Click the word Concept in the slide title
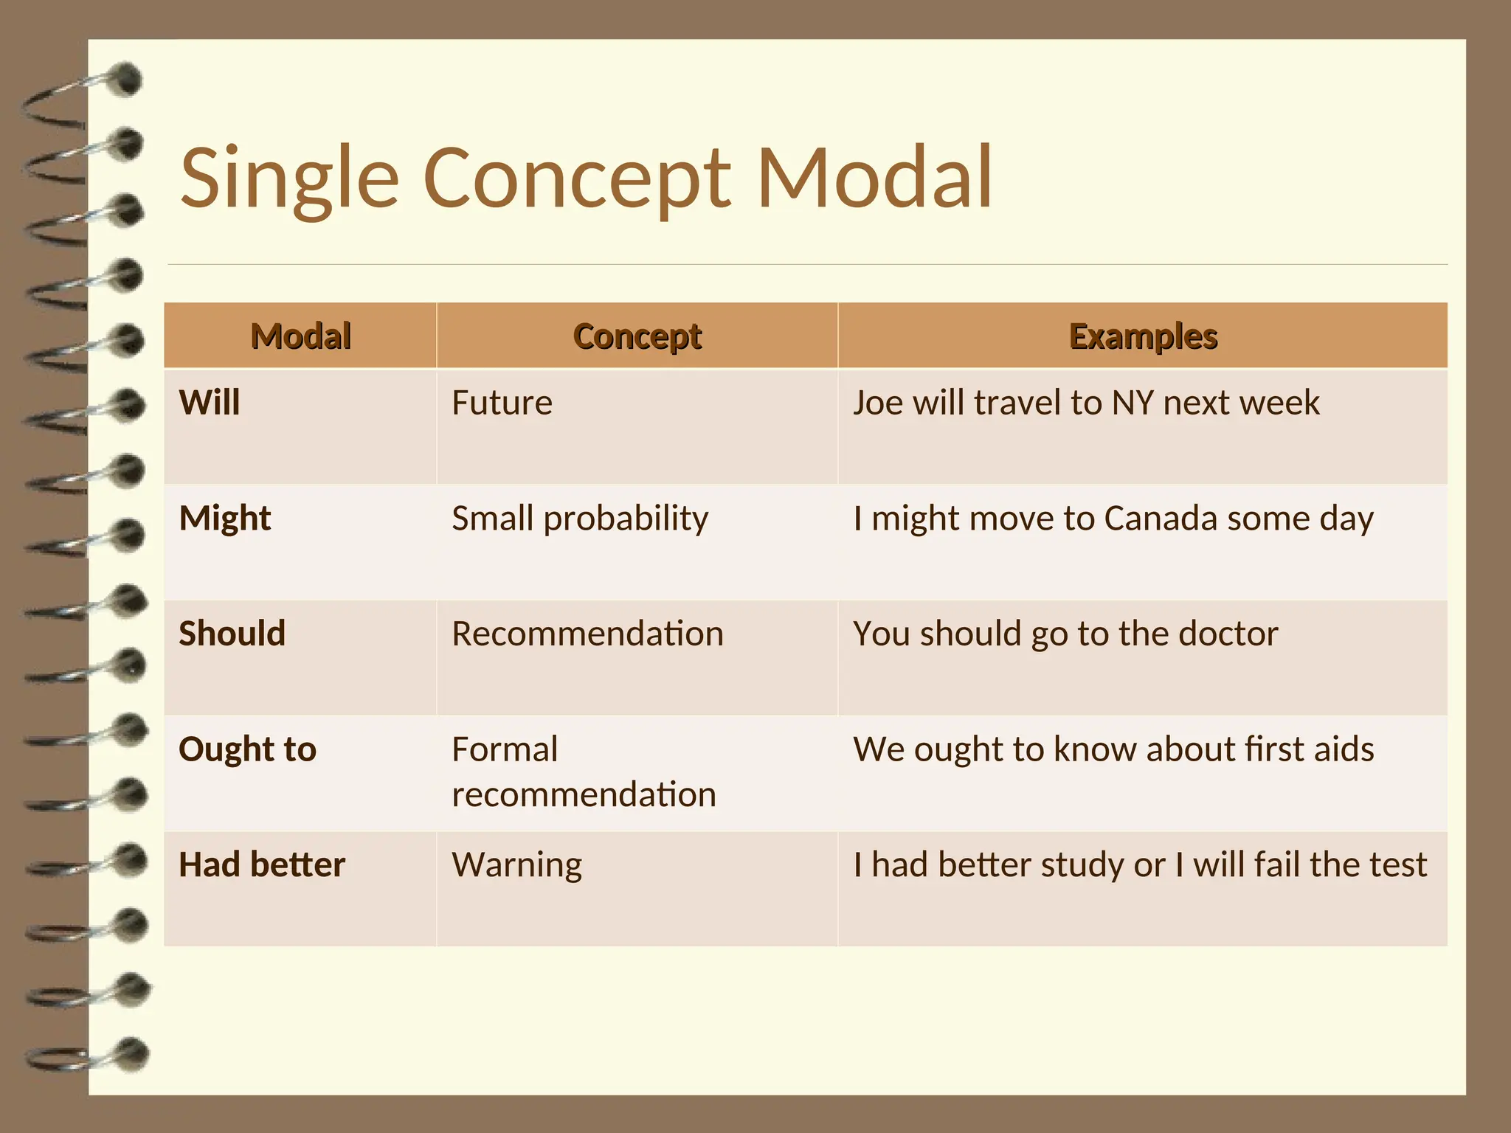pos(577,179)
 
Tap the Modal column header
pos(300,336)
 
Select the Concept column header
pos(637,336)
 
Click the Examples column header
pos(1142,336)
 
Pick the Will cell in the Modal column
pos(210,403)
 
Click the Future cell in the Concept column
pos(502,403)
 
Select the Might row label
pos(225,519)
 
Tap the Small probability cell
pos(580,519)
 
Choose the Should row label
pos(232,634)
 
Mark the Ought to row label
pos(247,749)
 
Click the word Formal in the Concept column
pos(505,749)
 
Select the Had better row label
pos(261,865)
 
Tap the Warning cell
pos(516,865)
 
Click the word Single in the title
pos(289,179)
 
